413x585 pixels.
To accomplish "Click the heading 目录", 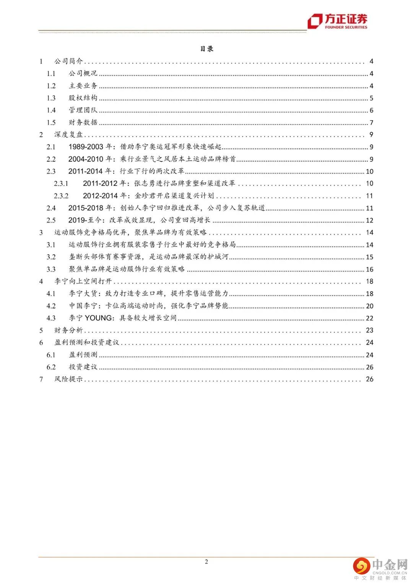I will click(206, 49).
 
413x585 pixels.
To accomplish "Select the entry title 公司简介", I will click(68, 61).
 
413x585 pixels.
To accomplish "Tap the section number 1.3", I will click(51, 98).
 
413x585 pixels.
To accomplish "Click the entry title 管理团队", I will click(83, 110).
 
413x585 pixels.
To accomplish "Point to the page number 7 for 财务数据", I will click(371, 123).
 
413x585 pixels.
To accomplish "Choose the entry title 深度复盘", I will click(68, 134).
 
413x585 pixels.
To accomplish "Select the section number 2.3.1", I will click(61, 184).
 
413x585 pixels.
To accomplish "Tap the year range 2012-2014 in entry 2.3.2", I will click(101, 196).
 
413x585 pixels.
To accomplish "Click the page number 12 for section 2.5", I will click(369, 220).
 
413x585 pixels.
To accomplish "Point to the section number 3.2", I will click(51, 257).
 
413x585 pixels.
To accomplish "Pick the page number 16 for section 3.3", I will click(369, 269).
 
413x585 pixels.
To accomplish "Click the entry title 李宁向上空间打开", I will click(83, 281).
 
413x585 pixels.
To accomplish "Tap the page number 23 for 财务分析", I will click(369, 330).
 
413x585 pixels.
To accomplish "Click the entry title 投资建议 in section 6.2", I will click(83, 367).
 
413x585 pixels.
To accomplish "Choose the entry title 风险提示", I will click(68, 379).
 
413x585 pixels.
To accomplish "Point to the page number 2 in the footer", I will click(206, 562).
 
